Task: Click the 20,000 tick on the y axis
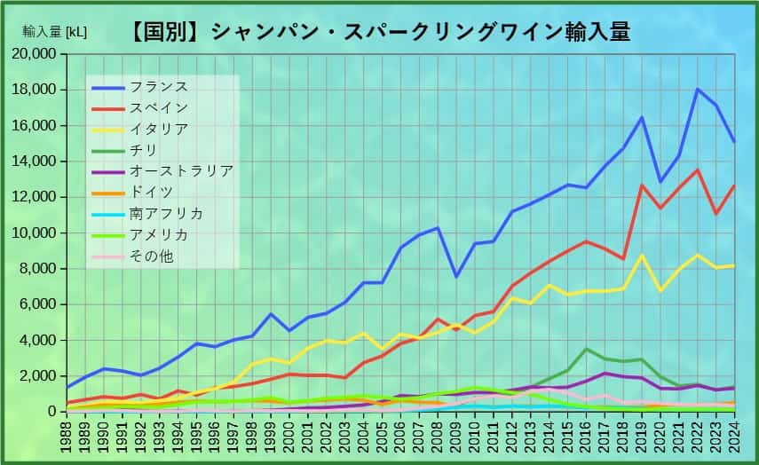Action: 36,54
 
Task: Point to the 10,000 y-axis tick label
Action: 36,232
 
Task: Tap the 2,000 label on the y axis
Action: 40,375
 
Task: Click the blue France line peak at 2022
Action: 698,89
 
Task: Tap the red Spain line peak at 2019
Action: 641,185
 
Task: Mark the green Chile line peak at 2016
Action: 585,349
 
